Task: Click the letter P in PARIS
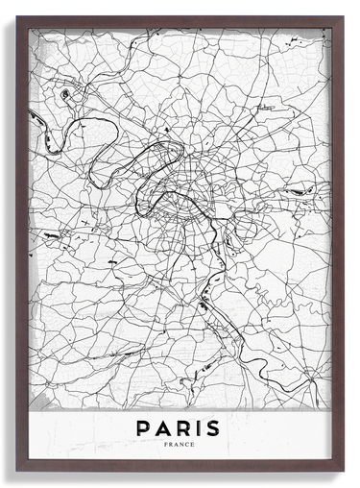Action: pyautogui.click(x=142, y=427)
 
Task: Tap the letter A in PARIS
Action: pyautogui.click(x=162, y=427)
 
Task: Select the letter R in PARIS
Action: pyautogui.click(x=183, y=427)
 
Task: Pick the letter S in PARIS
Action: pyautogui.click(x=214, y=427)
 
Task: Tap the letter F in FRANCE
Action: pyautogui.click(x=166, y=445)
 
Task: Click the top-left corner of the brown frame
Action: pyautogui.click(x=17, y=17)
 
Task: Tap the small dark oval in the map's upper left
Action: pyautogui.click(x=64, y=94)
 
